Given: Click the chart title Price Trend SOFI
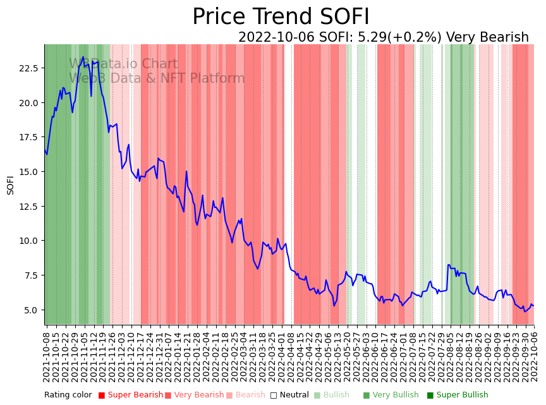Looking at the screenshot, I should click(x=281, y=17).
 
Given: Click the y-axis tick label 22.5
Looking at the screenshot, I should click(x=30, y=68).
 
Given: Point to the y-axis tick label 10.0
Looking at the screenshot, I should click(x=30, y=241).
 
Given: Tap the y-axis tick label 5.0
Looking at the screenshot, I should click(x=32, y=310).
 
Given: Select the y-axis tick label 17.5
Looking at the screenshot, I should click(x=30, y=137).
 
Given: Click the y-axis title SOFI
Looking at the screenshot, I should click(x=10, y=184).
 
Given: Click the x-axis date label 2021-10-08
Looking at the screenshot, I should click(x=46, y=357).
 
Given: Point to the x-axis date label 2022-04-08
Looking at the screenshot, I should click(x=290, y=357).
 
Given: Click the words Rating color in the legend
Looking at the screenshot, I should click(x=68, y=395).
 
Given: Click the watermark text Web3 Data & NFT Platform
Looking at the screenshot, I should click(x=157, y=78).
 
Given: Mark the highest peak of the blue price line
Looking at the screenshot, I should click(x=83, y=57).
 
